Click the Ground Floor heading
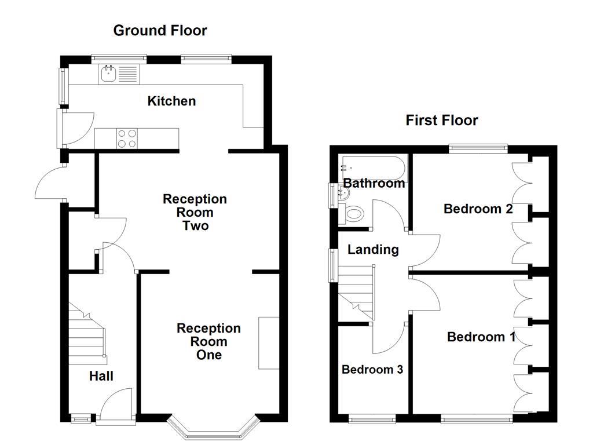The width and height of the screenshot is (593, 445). tap(160, 30)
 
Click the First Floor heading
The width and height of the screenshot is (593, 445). tap(441, 121)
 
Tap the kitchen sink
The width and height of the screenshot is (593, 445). tap(108, 73)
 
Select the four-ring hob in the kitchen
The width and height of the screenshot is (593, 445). tap(127, 138)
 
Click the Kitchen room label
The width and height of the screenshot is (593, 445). tap(171, 101)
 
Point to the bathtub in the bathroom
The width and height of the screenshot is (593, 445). tap(374, 167)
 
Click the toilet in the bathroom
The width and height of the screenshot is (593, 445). tap(353, 215)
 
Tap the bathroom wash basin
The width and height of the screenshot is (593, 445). tap(340, 195)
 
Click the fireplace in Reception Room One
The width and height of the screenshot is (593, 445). tap(268, 342)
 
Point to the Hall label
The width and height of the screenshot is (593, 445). tap(101, 376)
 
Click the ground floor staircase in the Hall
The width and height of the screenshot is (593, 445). tap(87, 333)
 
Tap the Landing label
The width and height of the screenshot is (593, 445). tap(373, 250)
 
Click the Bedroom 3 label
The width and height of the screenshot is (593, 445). tap(372, 370)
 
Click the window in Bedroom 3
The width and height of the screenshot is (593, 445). tap(372, 418)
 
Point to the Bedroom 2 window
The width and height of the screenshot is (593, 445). tap(478, 148)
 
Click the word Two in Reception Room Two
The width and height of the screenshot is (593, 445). tap(195, 225)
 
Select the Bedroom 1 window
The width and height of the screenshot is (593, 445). tap(477, 418)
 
